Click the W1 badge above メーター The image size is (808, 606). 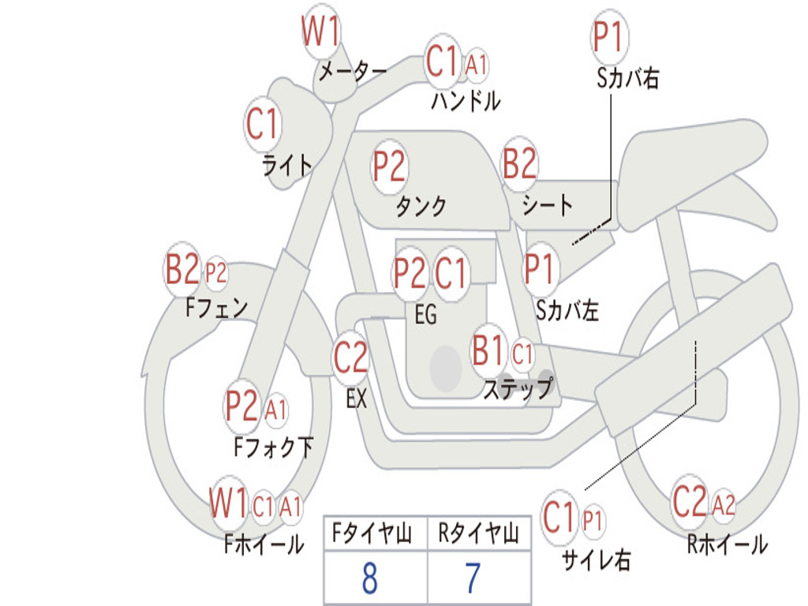click(x=320, y=32)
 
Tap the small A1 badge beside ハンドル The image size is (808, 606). click(x=476, y=65)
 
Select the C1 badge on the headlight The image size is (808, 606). click(x=262, y=124)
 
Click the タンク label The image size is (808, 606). click(x=421, y=206)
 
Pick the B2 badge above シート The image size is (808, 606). click(x=520, y=163)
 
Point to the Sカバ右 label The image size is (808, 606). click(x=627, y=78)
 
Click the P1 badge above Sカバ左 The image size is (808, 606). click(x=540, y=268)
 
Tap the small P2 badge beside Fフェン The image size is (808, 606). click(x=216, y=272)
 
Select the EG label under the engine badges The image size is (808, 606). click(x=425, y=314)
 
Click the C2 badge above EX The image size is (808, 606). click(x=350, y=357)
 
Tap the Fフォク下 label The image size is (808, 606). click(x=273, y=447)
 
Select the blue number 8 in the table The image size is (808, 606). click(x=370, y=578)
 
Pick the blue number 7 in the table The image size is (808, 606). click(x=473, y=578)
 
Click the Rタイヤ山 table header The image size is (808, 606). click(x=478, y=533)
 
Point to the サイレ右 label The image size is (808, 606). click(x=596, y=559)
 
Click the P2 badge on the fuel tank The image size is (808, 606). click(x=389, y=166)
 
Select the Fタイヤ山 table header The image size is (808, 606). click(x=372, y=533)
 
